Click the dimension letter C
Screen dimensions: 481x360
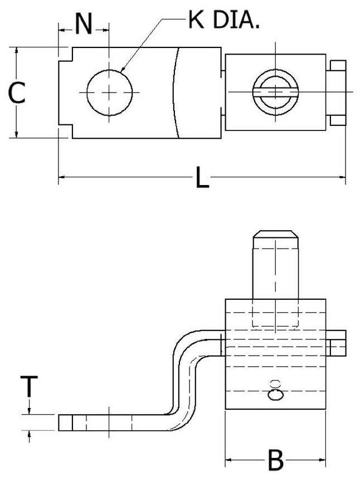(x=17, y=93)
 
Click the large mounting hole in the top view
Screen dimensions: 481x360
(x=110, y=93)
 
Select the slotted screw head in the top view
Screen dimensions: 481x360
(x=274, y=92)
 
